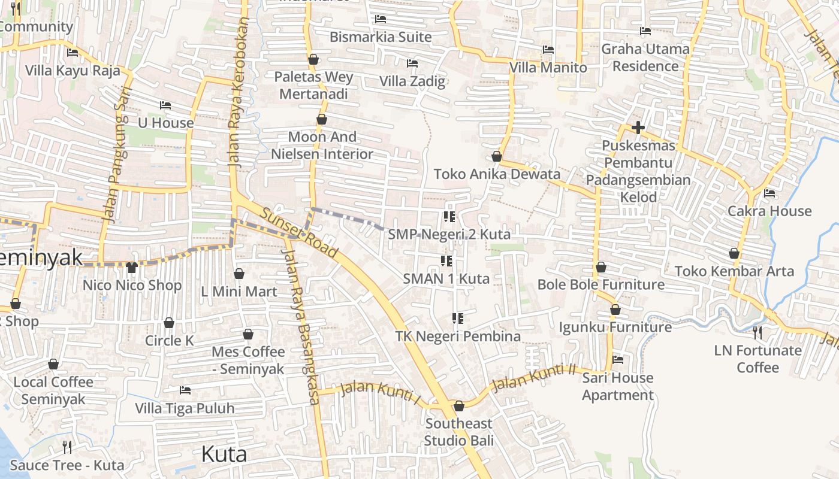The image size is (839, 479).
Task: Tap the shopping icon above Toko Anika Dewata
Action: [496, 157]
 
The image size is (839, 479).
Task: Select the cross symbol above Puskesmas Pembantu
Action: [638, 128]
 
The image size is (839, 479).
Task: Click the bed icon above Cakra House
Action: [769, 193]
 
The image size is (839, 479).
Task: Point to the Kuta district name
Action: [224, 454]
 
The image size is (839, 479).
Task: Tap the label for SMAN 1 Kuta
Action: [446, 278]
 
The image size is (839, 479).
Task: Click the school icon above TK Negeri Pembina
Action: [458, 319]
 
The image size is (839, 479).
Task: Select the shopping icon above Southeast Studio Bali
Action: [459, 407]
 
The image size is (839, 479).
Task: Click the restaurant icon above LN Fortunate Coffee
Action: [757, 332]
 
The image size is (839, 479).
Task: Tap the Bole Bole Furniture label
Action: [601, 284]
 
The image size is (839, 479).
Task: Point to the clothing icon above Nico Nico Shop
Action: [132, 267]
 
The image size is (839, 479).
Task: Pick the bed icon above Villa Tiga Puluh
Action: [185, 390]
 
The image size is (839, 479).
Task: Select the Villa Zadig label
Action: [412, 81]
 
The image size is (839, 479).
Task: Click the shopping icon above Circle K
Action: [169, 323]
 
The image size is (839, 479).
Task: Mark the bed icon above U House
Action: [165, 105]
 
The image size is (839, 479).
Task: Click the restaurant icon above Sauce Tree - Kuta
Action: [67, 447]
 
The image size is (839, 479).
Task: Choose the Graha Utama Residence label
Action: [645, 57]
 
